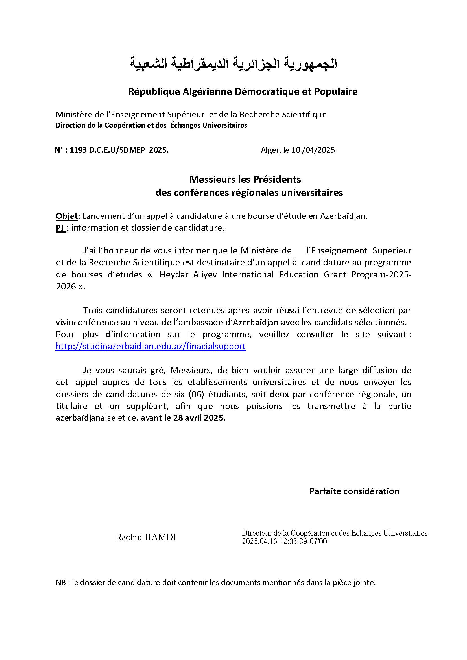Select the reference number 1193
click(78, 150)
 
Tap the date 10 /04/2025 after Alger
click(313, 150)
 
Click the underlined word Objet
click(67, 216)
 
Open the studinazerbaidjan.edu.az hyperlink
click(150, 346)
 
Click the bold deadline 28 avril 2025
click(199, 418)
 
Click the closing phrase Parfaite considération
click(354, 491)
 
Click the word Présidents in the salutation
click(277, 179)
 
